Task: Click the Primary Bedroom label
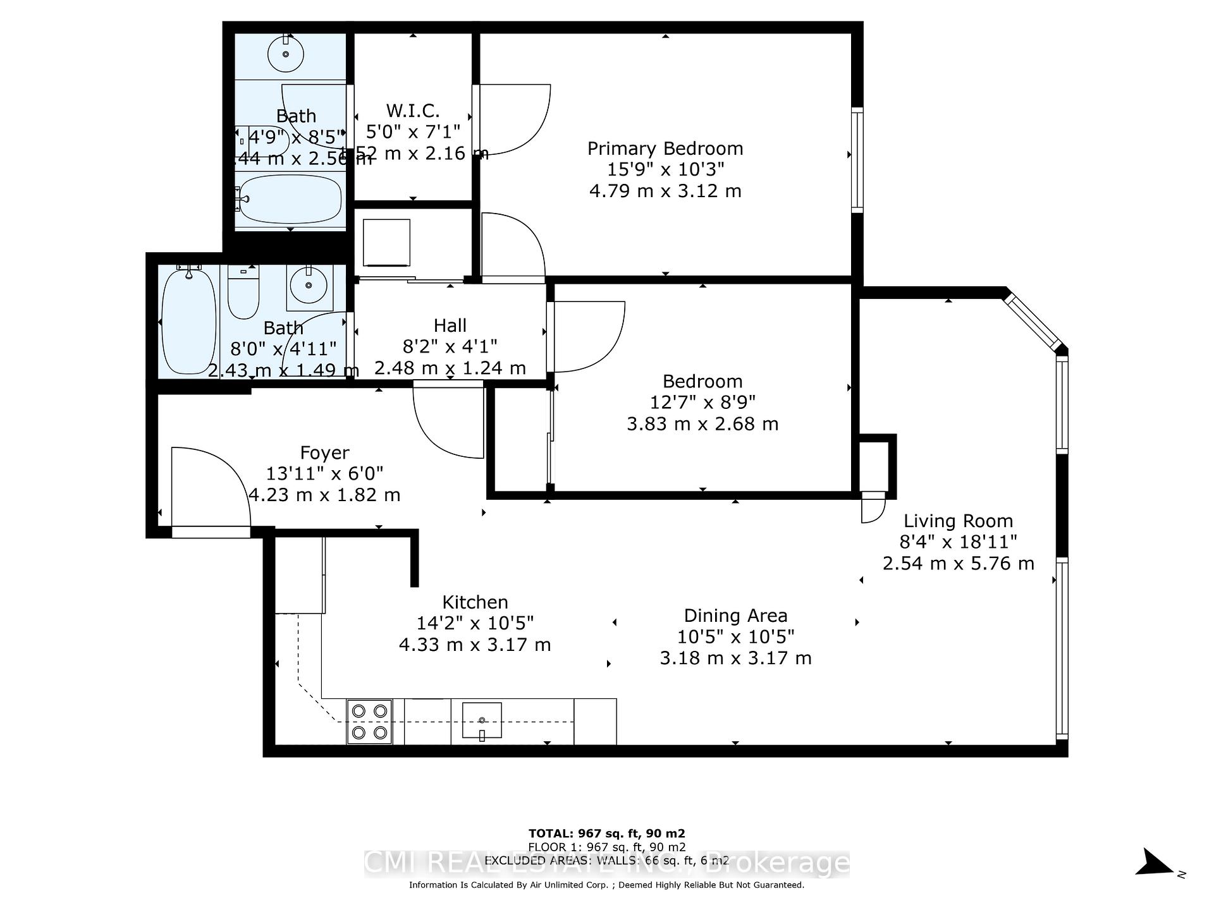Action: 665,149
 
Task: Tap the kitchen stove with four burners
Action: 369,722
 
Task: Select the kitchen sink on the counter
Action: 482,720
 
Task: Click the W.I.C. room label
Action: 413,111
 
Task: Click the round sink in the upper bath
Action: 286,54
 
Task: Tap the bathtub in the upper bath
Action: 291,199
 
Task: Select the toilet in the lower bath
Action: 243,293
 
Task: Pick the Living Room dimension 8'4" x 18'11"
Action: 958,542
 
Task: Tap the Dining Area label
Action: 735,616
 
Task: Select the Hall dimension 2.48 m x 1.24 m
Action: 450,368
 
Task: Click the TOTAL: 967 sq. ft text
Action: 606,834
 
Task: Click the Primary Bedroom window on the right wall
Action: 857,159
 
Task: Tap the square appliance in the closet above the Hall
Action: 386,243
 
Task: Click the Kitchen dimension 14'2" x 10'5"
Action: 475,623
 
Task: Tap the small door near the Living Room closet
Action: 873,509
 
